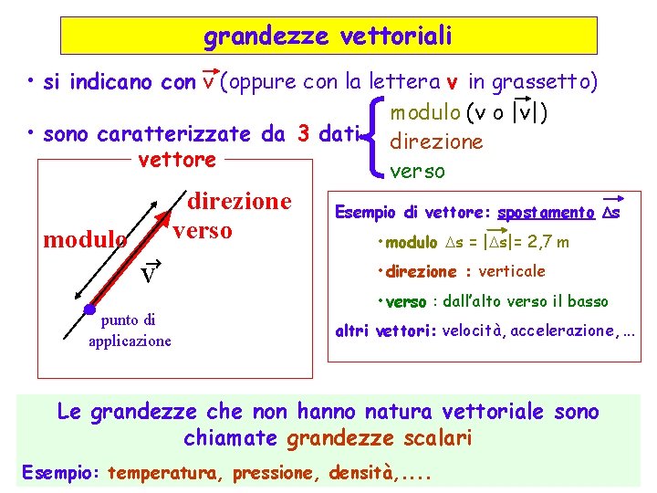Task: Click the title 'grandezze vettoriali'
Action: [328, 37]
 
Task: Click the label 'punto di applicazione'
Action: [129, 330]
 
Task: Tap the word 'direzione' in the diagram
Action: [239, 201]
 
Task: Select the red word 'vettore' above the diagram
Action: [176, 160]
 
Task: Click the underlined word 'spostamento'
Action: [547, 213]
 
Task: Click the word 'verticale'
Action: [512, 271]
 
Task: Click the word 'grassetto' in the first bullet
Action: [545, 82]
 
